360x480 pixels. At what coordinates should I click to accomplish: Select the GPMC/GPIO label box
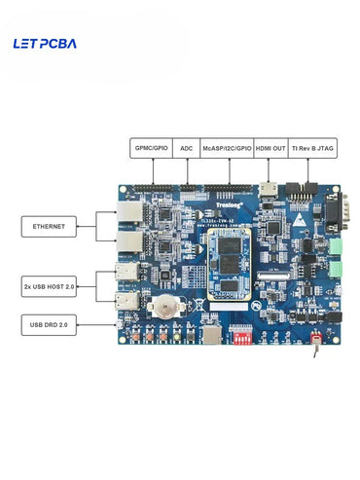pyautogui.click(x=152, y=148)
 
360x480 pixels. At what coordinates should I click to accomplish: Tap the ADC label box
pyautogui.click(x=187, y=148)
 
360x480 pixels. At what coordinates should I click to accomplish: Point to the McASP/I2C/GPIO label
pyautogui.click(x=228, y=148)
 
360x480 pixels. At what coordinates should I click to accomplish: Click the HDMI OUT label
pyautogui.click(x=270, y=148)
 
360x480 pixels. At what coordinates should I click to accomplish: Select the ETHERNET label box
pyautogui.click(x=49, y=227)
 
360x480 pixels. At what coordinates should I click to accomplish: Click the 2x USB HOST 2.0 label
pyautogui.click(x=49, y=286)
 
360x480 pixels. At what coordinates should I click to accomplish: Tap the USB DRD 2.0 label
pyautogui.click(x=49, y=325)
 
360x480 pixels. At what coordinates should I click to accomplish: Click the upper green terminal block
pyautogui.click(x=337, y=247)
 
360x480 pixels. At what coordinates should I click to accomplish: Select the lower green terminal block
pyautogui.click(x=337, y=265)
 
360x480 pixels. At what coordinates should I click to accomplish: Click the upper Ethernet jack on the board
pyautogui.click(x=126, y=215)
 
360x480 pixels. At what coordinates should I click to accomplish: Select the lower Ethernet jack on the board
pyautogui.click(x=126, y=240)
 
